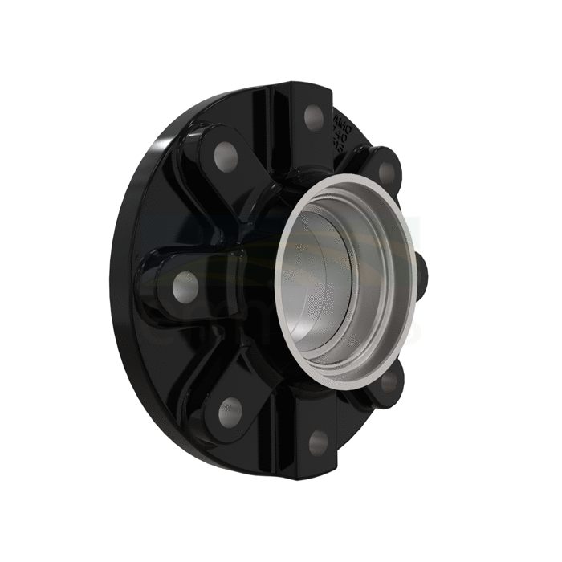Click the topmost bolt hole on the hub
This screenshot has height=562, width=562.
314,117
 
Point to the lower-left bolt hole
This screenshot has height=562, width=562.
230,411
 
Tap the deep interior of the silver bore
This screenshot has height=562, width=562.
353,281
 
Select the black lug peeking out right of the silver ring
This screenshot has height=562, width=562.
422,276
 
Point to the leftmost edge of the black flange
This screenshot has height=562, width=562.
112,281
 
